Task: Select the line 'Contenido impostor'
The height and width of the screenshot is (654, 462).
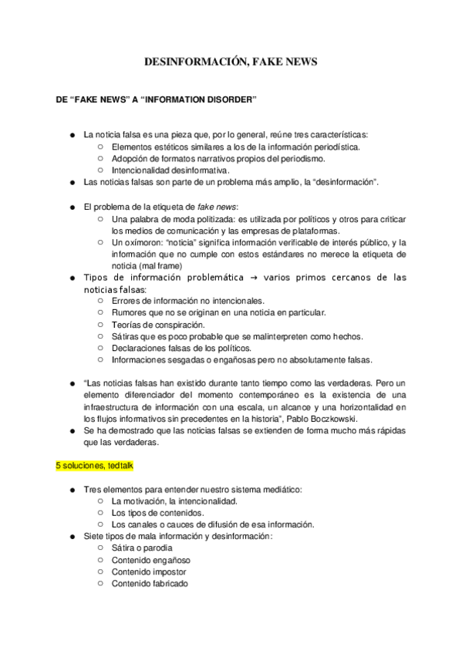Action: point(149,572)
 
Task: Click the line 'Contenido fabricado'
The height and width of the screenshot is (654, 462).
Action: point(150,584)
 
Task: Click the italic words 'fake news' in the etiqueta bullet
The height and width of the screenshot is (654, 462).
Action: point(217,207)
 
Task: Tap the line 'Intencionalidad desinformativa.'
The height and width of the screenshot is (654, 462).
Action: point(170,170)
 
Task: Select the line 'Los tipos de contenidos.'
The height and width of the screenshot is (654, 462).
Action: point(158,511)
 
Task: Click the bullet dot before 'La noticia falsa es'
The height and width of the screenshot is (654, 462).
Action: point(74,134)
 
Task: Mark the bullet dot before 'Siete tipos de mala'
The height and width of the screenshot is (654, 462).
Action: point(74,536)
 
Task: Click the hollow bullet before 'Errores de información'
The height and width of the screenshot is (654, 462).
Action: point(101,300)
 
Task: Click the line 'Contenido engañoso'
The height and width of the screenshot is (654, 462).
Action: point(151,560)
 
